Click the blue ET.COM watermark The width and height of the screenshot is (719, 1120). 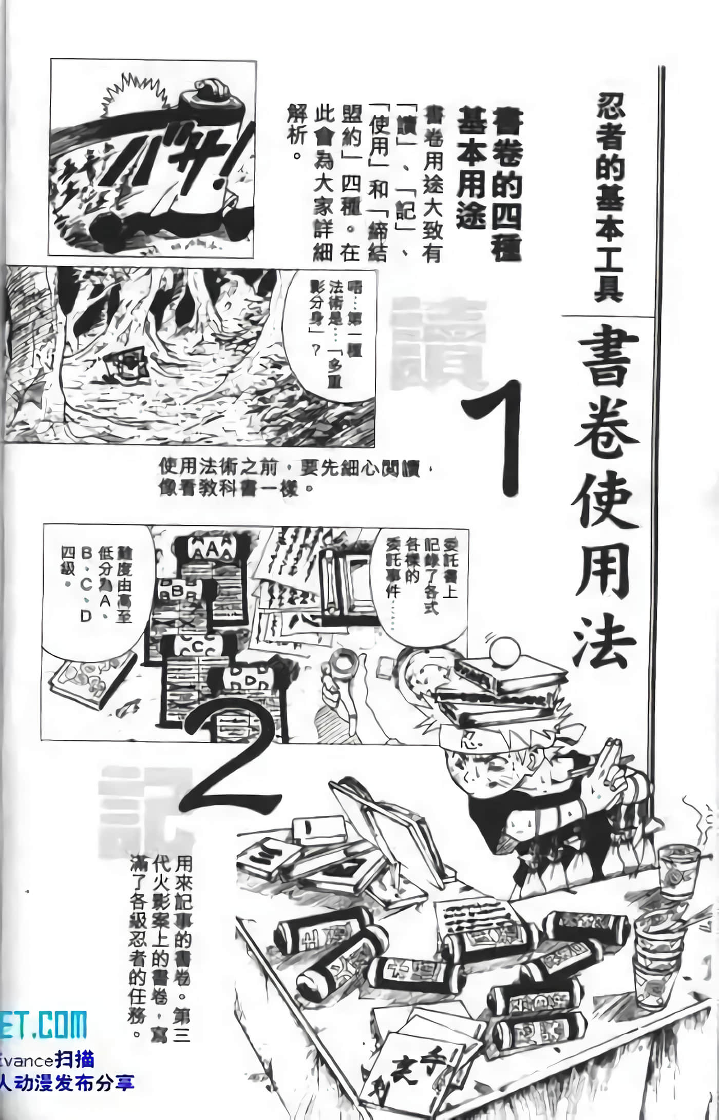tap(44, 1026)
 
